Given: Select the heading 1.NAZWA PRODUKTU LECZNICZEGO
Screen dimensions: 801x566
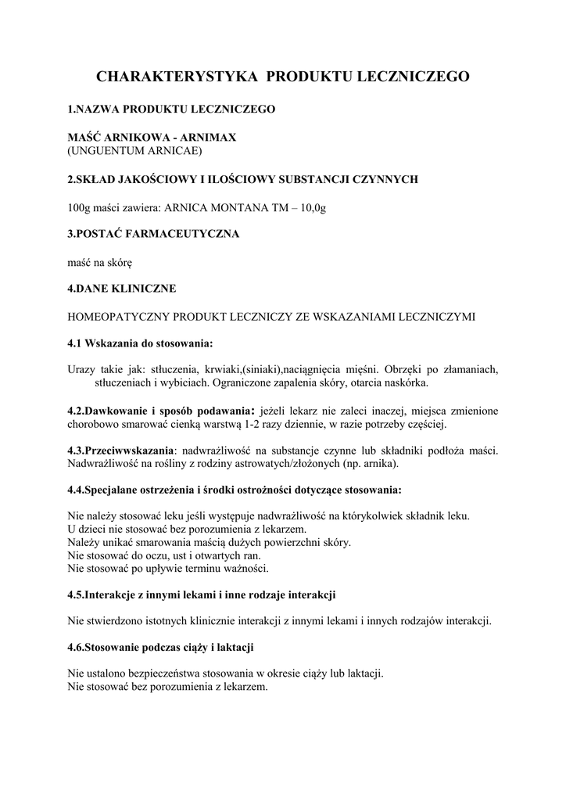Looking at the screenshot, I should [x=172, y=110].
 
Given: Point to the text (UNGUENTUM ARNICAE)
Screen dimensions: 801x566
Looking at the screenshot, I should [x=134, y=149].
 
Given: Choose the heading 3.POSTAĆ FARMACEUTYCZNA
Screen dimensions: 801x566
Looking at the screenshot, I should [x=153, y=234].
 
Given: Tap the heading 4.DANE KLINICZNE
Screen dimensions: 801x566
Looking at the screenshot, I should [x=122, y=289].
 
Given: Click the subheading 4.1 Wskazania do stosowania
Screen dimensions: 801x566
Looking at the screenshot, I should [x=141, y=343].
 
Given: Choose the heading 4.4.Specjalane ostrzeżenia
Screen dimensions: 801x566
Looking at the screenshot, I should [x=235, y=490].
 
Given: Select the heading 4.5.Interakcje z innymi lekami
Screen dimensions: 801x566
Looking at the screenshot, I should [x=202, y=594].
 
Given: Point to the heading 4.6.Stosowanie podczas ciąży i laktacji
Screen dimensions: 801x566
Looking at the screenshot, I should [x=161, y=648].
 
